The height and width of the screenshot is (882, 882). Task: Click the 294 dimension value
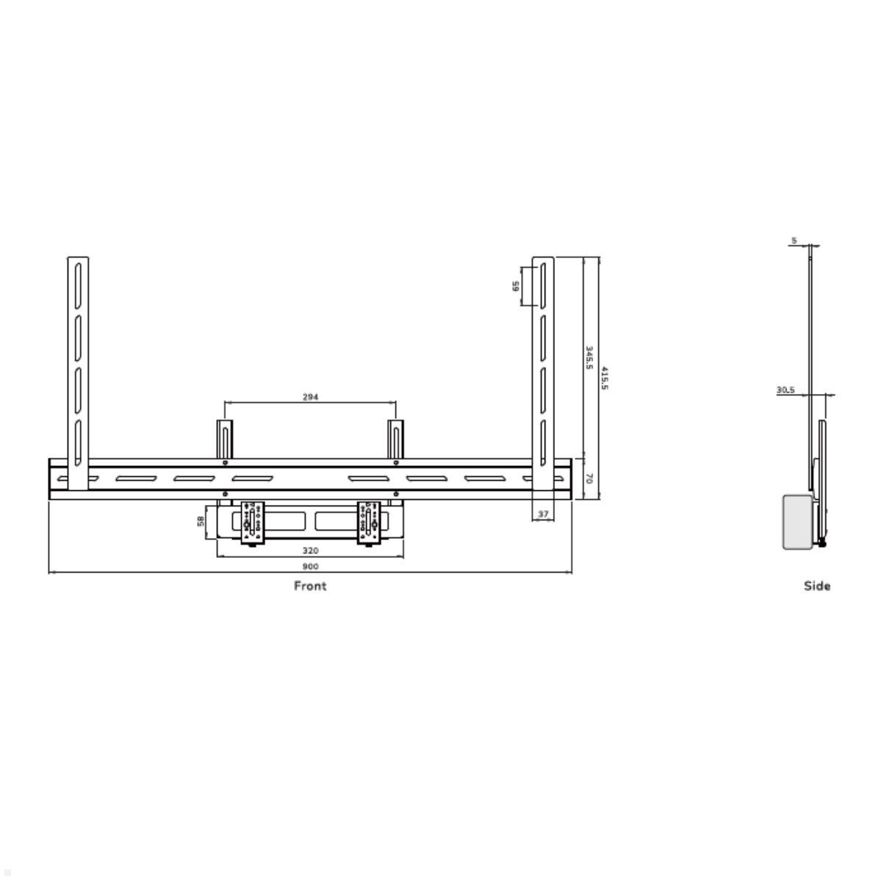pos(310,397)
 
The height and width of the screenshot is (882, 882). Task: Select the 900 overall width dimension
pos(310,567)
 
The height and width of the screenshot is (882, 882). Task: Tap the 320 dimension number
pos(310,551)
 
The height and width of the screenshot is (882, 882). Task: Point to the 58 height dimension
pos(201,521)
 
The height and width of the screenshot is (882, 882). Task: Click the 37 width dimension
pos(543,514)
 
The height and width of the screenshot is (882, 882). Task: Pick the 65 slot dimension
pos(516,285)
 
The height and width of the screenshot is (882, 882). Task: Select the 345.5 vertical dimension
pos(589,358)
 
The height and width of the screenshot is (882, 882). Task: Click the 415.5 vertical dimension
pos(605,378)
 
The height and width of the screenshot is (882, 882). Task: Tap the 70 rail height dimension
pos(589,478)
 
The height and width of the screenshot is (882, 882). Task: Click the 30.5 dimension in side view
pos(786,390)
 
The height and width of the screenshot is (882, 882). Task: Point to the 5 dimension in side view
pos(794,240)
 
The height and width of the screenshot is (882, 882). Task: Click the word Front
pos(310,586)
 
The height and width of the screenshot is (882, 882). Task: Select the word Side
pos(817,586)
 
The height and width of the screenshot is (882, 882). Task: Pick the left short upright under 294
pos(224,439)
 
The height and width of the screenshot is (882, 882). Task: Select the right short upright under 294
pos(395,439)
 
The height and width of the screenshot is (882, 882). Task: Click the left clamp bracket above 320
pos(251,523)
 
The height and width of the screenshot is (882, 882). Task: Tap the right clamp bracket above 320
pos(369,523)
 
